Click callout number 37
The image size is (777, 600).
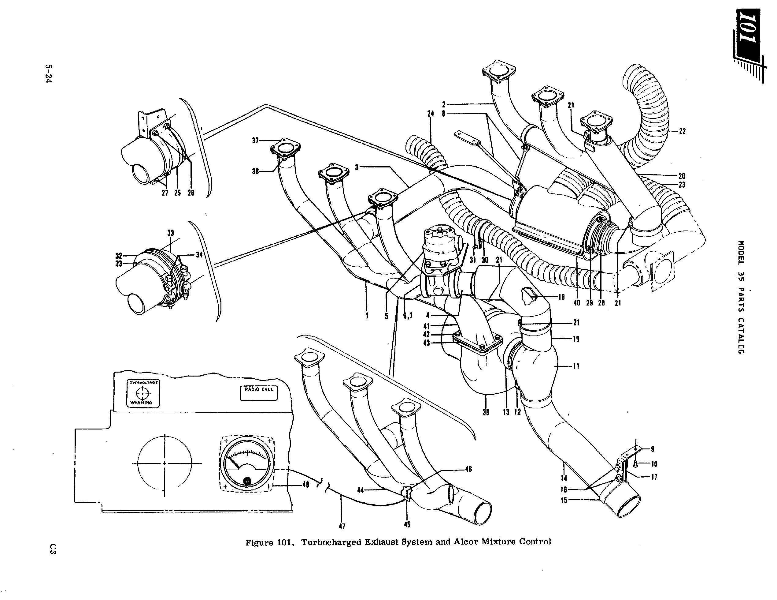click(x=255, y=141)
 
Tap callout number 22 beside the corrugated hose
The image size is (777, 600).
click(x=682, y=131)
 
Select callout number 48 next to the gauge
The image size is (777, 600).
click(x=305, y=485)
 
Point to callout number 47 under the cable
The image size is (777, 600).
click(x=342, y=526)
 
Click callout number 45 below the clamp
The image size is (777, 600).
click(x=407, y=524)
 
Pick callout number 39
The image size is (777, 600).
click(x=486, y=412)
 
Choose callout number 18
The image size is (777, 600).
click(x=561, y=297)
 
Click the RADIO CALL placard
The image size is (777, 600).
click(x=259, y=392)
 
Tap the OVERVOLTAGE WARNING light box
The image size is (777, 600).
click(x=143, y=393)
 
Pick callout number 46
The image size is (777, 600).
click(x=468, y=469)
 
